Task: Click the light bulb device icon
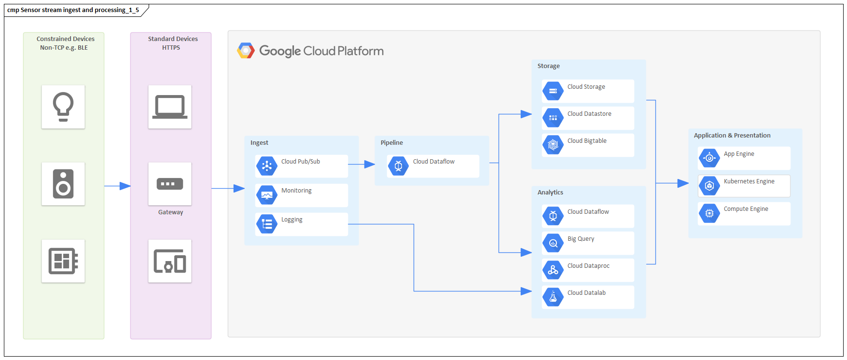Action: [x=63, y=107]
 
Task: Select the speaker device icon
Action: [x=63, y=184]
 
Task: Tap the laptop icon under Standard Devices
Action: [x=170, y=107]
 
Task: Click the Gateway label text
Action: [x=171, y=212]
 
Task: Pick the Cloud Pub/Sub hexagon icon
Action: [x=266, y=166]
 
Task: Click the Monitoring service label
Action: [x=296, y=191]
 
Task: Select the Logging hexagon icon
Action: [x=266, y=224]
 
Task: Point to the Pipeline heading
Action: [x=391, y=143]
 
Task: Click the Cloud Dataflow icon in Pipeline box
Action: [x=398, y=166]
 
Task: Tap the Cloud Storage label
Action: [x=586, y=87]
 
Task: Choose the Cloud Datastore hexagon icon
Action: [x=553, y=118]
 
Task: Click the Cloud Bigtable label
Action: [x=587, y=141]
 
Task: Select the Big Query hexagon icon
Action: [x=553, y=243]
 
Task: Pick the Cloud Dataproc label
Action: [x=588, y=266]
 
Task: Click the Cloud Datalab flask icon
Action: [x=553, y=297]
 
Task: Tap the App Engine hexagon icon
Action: [x=709, y=158]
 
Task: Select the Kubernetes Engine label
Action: [x=749, y=181]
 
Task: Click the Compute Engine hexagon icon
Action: [x=709, y=213]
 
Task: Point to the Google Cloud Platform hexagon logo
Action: [x=246, y=51]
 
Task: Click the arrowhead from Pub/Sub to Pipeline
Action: [x=370, y=165]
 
